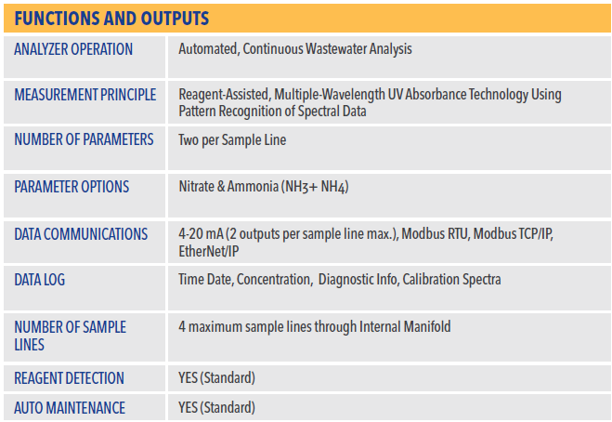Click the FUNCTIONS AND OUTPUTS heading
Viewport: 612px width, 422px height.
pyautogui.click(x=111, y=19)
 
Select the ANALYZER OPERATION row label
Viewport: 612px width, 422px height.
pyautogui.click(x=73, y=49)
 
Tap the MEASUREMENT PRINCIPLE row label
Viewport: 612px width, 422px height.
pyautogui.click(x=85, y=95)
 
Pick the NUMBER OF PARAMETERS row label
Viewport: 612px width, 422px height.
pyautogui.click(x=84, y=139)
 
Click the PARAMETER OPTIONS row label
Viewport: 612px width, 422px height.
pyautogui.click(x=72, y=187)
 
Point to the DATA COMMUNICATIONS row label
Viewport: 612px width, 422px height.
pyautogui.click(x=81, y=234)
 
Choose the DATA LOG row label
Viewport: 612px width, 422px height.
pyautogui.click(x=39, y=280)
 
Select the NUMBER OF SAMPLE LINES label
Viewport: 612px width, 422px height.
pyautogui.click(x=71, y=336)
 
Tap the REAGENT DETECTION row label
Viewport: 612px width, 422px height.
pyautogui.click(x=69, y=378)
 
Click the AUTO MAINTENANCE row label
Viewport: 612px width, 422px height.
pyautogui.click(x=70, y=408)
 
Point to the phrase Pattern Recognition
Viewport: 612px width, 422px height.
pyautogui.click(x=230, y=112)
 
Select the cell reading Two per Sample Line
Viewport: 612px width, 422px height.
pyautogui.click(x=232, y=139)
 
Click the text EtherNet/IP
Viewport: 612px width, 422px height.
pyautogui.click(x=208, y=251)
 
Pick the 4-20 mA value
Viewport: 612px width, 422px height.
pyautogui.click(x=201, y=234)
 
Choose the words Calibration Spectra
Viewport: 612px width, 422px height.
pyautogui.click(x=451, y=280)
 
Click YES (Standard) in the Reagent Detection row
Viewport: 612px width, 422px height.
pyautogui.click(x=216, y=378)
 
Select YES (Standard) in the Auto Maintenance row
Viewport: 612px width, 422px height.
pyautogui.click(x=216, y=408)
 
